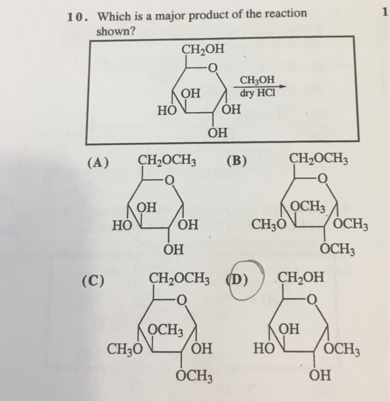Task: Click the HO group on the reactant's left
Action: [168, 111]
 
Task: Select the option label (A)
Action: [98, 162]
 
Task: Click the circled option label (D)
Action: [239, 280]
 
